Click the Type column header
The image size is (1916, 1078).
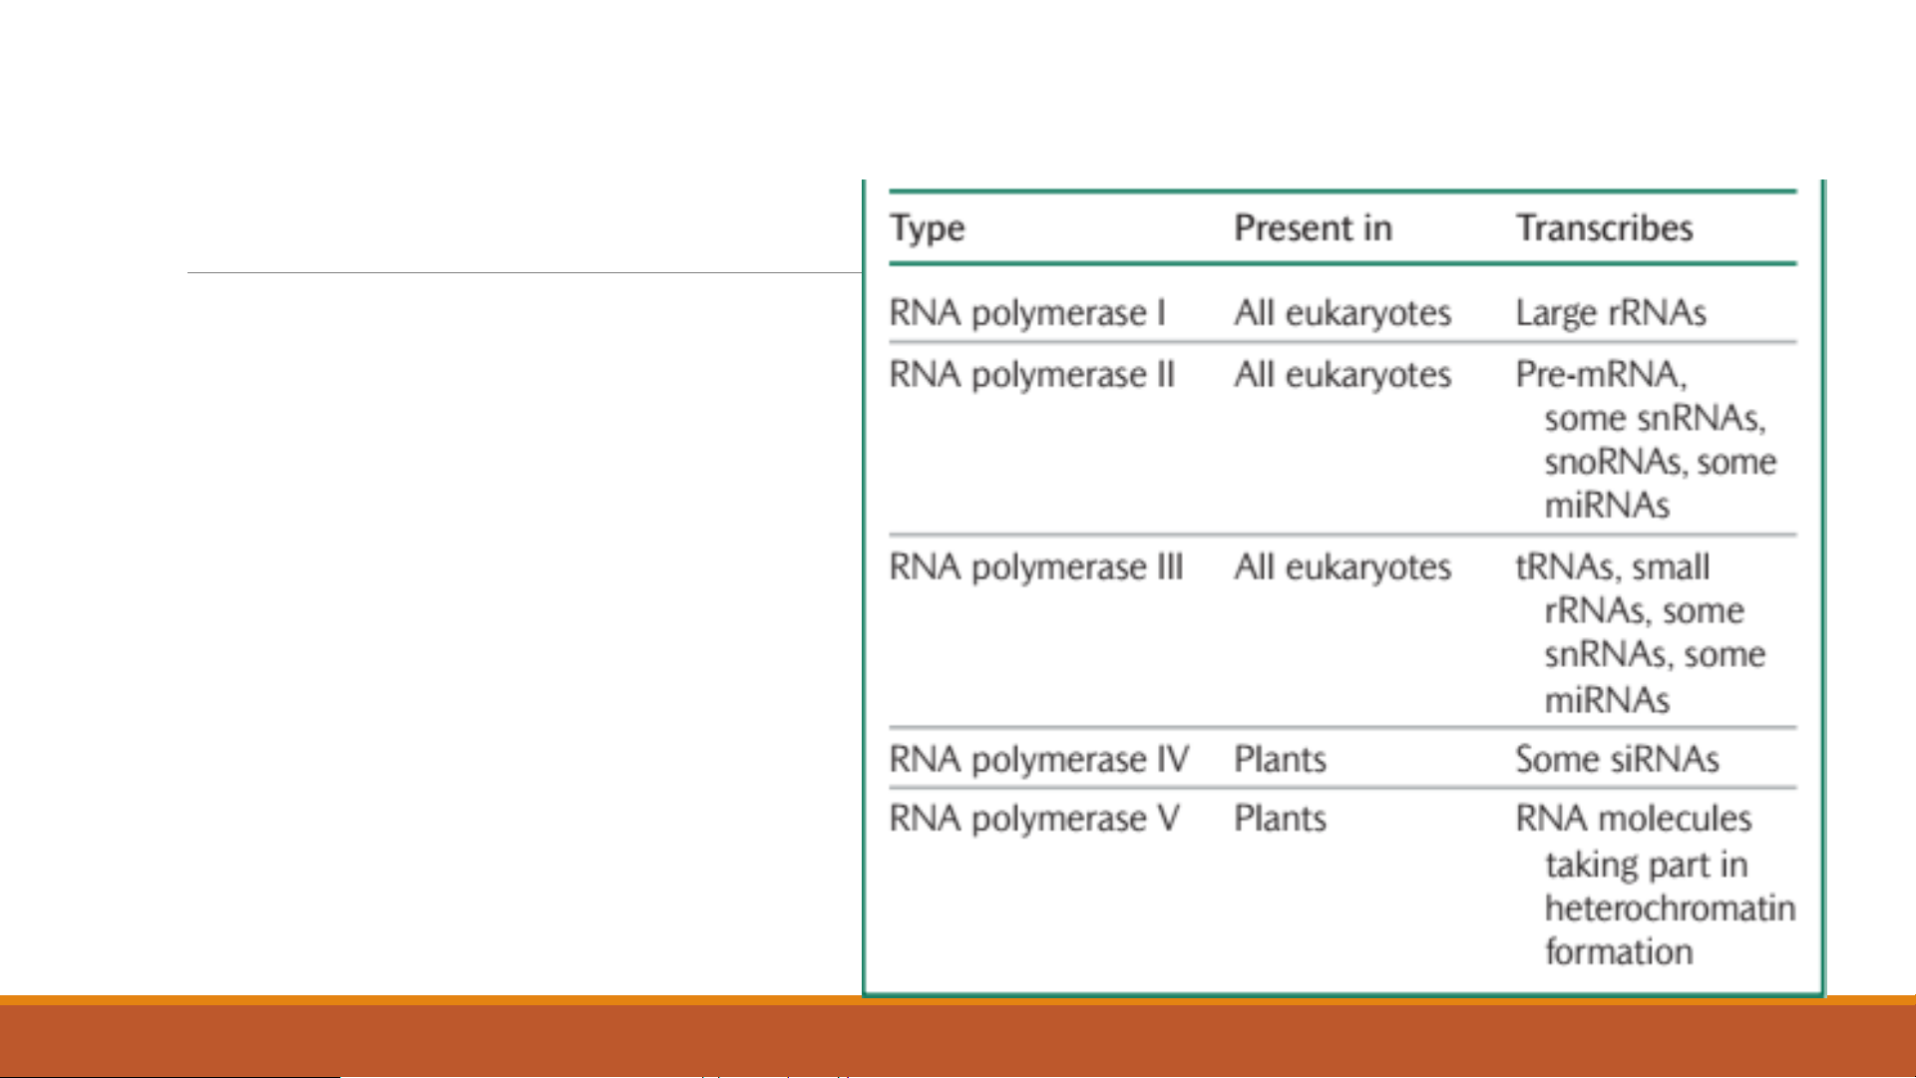928,229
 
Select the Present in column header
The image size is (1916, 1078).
1313,227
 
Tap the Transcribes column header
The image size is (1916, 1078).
1604,227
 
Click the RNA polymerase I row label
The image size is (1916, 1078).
1027,314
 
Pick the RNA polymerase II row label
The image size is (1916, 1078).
1032,376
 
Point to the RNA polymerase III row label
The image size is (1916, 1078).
1036,568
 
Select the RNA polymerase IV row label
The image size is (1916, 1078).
1039,760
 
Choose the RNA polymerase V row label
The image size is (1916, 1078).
1034,820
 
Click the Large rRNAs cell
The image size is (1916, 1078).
1611,314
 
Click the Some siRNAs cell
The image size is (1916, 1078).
1617,760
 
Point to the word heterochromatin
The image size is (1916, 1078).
1671,908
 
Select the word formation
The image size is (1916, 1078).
1619,952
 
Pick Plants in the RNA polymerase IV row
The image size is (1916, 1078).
1281,760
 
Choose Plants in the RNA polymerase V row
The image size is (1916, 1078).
1281,820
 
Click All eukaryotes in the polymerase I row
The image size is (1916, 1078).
1342,314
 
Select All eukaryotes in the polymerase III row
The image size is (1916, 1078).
1342,568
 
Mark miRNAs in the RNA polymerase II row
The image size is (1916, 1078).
1607,507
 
